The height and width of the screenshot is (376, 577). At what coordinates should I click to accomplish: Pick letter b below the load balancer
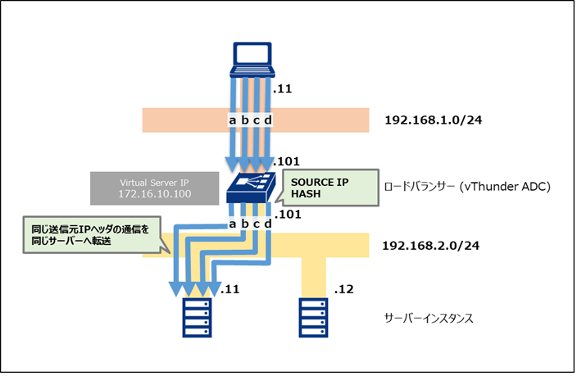[x=244, y=224]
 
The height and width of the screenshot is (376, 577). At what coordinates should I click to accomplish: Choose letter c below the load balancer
[x=256, y=224]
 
